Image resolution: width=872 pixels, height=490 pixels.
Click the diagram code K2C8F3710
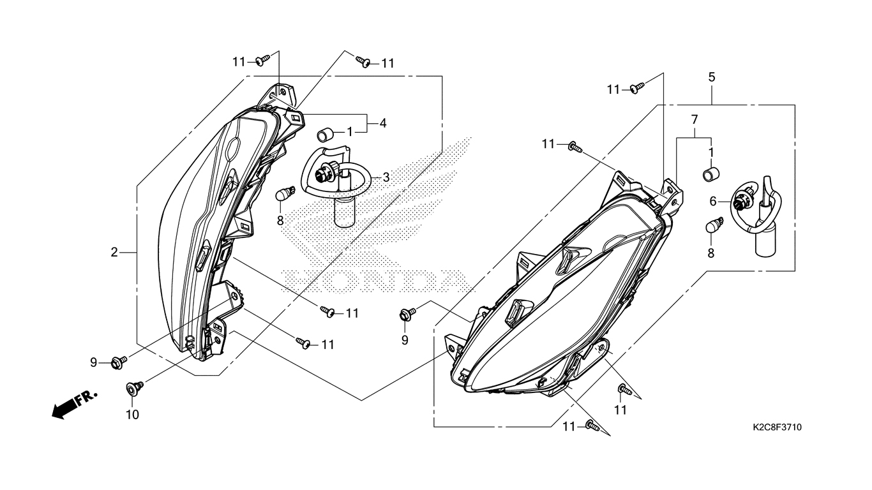pyautogui.click(x=777, y=427)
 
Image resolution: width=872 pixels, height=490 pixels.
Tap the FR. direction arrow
pyautogui.click(x=74, y=405)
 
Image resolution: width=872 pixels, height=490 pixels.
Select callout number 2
pyautogui.click(x=114, y=252)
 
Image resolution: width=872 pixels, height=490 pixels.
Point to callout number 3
pyautogui.click(x=386, y=177)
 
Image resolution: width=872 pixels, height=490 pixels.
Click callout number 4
pyautogui.click(x=383, y=123)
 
